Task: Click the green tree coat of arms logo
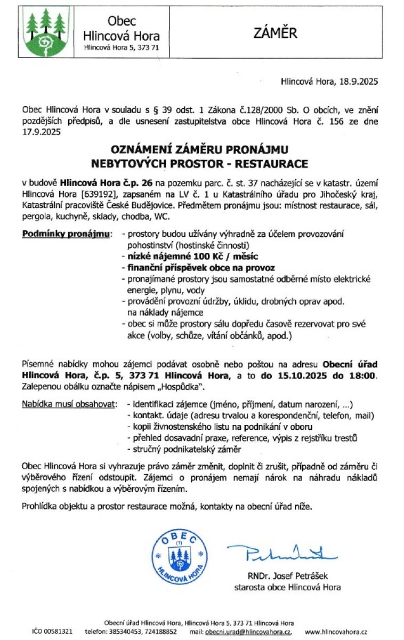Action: click(x=46, y=31)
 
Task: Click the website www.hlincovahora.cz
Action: click(x=336, y=631)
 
